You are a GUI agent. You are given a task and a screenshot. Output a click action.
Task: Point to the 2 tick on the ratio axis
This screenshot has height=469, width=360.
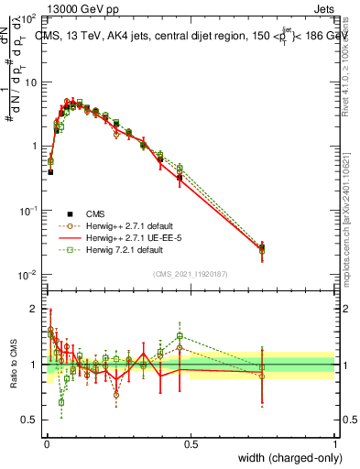click(35, 309)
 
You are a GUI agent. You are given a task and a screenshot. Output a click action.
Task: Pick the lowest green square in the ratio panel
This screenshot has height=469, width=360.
click(61, 401)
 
